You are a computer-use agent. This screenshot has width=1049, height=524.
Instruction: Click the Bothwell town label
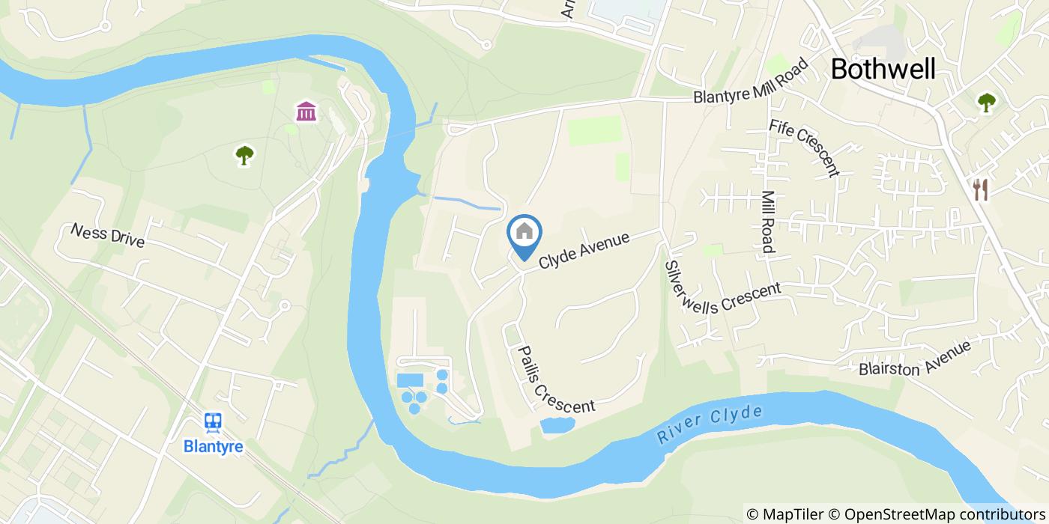(883, 70)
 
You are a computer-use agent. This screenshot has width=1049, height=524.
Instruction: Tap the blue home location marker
(524, 233)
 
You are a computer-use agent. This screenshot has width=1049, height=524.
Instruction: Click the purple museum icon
(306, 112)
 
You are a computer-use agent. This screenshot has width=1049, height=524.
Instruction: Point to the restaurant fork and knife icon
(980, 190)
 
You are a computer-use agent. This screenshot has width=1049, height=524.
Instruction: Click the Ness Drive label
(107, 236)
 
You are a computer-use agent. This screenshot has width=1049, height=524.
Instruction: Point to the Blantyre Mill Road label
(752, 82)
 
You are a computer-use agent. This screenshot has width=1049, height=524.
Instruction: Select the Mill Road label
(769, 220)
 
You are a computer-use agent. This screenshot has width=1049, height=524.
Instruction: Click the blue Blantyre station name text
(214, 446)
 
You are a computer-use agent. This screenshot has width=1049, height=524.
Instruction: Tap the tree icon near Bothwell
(986, 103)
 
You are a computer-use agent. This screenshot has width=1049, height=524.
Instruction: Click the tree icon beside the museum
(244, 155)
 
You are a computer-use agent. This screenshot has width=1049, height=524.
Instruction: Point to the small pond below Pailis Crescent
(557, 425)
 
